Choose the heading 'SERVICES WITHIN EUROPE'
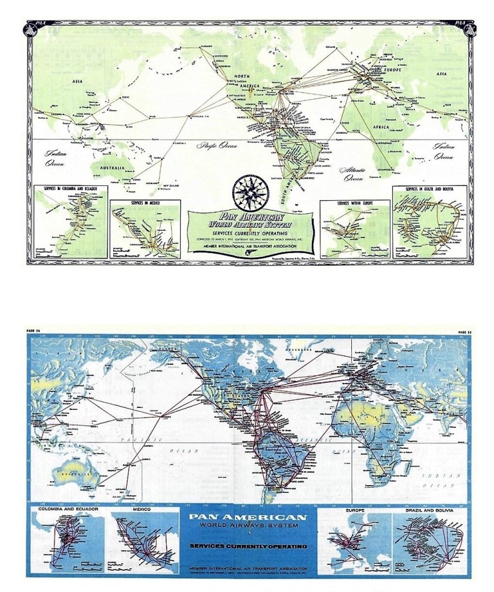click(355, 203)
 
